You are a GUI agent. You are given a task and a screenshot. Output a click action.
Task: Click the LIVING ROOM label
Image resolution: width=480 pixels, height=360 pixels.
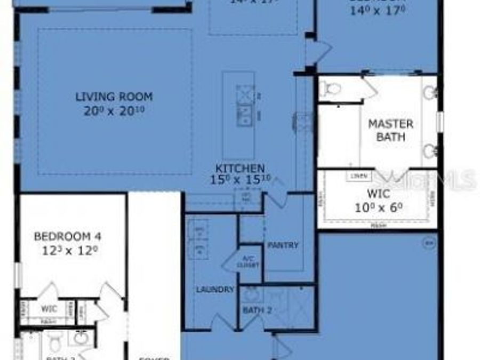coord(114,97)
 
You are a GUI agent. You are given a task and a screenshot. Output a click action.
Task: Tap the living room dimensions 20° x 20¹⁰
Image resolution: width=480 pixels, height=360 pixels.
coord(114,111)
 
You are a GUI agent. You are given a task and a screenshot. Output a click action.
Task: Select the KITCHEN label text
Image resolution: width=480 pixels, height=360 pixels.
coord(239,169)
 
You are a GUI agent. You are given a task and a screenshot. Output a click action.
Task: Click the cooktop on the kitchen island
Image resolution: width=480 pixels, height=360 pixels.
coord(245,96)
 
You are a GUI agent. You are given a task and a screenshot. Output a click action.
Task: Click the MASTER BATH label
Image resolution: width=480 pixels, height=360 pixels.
coord(391,130)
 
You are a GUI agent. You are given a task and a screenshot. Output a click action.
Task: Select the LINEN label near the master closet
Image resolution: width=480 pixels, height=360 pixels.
coord(358,175)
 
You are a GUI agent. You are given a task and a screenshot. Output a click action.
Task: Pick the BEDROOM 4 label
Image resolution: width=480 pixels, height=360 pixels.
coord(68,236)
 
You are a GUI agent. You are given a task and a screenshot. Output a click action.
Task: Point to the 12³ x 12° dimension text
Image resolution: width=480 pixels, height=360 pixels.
coord(68,250)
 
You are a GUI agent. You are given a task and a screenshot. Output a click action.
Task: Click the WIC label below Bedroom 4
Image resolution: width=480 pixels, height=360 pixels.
coord(49,308)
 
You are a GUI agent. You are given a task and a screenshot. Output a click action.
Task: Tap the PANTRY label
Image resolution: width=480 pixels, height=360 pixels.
coord(283,245)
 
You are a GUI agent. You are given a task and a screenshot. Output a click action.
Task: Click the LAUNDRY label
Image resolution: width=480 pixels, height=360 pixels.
coord(215,290)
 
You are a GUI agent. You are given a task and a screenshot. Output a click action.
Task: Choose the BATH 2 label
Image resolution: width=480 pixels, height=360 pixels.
coord(256,310)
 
